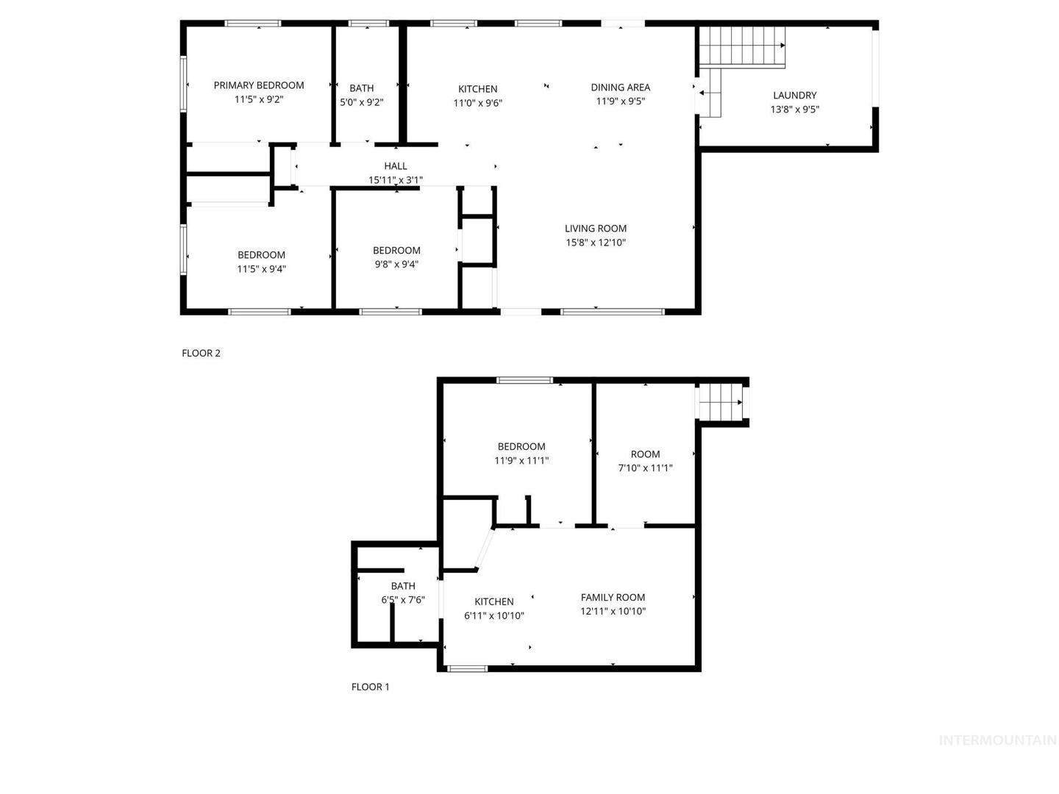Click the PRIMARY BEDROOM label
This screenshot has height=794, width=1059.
coord(259,85)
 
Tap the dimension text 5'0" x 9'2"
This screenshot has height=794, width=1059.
coord(361,102)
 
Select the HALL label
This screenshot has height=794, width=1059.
coord(395,166)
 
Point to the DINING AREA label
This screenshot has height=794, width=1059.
coord(621,87)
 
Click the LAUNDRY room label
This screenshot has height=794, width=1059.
coord(794,96)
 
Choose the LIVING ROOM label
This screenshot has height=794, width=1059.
coord(596,229)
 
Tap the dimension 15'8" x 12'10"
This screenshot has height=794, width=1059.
coord(596,243)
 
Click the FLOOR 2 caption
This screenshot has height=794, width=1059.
coord(201,353)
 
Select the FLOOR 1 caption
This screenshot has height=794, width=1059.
coord(370,687)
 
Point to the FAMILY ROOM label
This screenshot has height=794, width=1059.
coord(613,597)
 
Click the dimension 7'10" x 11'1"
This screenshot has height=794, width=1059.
coord(645,468)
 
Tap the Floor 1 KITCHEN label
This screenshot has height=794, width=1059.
coord(494,601)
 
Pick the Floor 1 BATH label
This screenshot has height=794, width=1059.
coord(403,586)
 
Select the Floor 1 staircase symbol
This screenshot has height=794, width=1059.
coord(721,401)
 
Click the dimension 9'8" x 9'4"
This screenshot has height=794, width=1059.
coord(396,264)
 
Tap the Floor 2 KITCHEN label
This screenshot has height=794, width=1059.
coord(477,89)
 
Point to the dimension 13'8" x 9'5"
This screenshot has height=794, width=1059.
coord(794,110)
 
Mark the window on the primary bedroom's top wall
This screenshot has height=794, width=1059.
coord(253,23)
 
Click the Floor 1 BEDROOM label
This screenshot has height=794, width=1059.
coord(521,446)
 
